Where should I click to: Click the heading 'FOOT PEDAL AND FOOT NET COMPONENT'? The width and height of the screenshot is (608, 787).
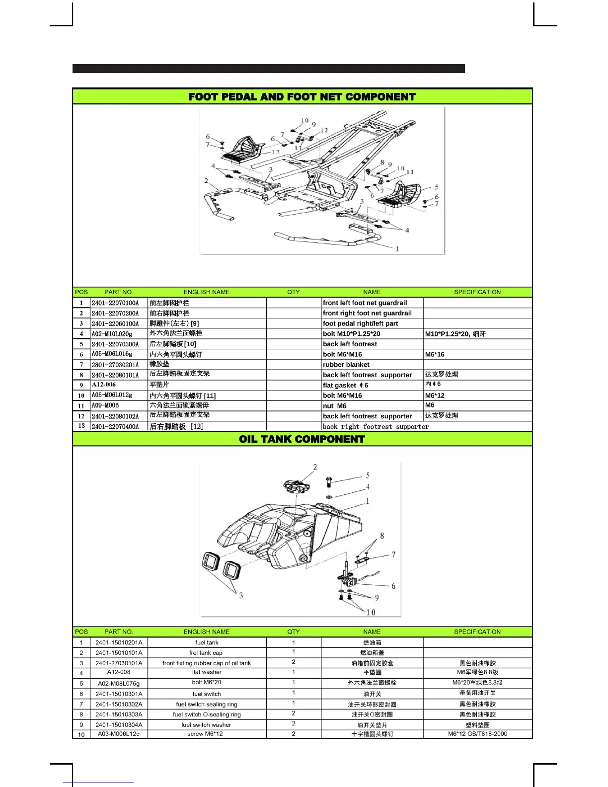[x=302, y=97]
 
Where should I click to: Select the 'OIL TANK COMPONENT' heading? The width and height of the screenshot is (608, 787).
[x=302, y=439]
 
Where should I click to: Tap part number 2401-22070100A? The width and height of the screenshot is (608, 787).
[x=115, y=303]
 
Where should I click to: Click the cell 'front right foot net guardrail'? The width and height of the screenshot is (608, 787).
[x=367, y=314]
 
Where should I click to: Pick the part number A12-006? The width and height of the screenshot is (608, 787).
[x=104, y=385]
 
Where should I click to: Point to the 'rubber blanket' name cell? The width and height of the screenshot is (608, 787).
[x=346, y=365]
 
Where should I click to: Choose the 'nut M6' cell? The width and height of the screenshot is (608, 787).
[x=335, y=406]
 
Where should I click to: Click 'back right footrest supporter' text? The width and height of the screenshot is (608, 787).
[x=376, y=427]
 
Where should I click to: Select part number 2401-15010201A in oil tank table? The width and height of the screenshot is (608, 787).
[x=119, y=643]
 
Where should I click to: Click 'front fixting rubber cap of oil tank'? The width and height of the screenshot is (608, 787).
[x=207, y=663]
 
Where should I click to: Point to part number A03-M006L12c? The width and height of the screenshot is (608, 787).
[x=119, y=734]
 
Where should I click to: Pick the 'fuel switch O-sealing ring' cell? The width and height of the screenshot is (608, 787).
[x=207, y=715]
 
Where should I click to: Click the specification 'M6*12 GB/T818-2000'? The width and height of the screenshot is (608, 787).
[x=477, y=734]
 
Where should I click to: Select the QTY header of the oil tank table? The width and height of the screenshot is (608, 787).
[x=294, y=632]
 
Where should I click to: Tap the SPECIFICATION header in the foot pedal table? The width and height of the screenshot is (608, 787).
[x=477, y=292]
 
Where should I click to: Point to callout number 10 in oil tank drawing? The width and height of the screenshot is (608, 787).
[x=371, y=613]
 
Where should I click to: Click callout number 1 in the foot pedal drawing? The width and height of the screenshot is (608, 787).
[x=397, y=249]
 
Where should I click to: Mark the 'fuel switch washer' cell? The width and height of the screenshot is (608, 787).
[x=206, y=725]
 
